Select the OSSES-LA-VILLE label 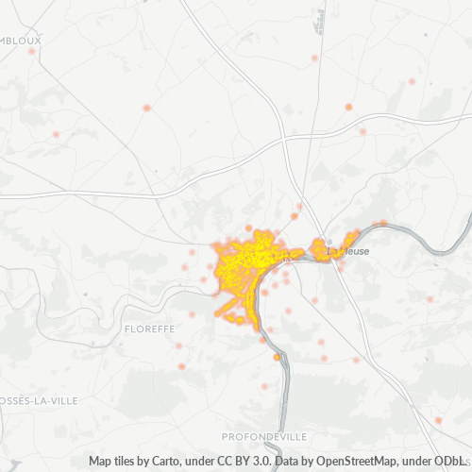pyautogui.click(x=39, y=400)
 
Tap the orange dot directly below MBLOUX pyautogui.click(x=32, y=51)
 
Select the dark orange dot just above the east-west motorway pyautogui.click(x=348, y=107)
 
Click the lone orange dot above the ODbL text pyautogui.click(x=438, y=420)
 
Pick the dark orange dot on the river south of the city pyautogui.click(x=277, y=357)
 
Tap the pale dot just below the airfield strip pyautogui.click(x=315, y=59)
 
